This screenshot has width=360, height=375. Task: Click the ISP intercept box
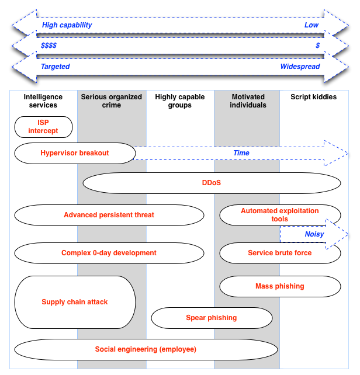pyautogui.click(x=43, y=127)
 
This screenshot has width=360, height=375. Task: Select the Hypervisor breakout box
pyautogui.click(x=75, y=153)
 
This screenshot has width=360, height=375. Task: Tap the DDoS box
pyautogui.click(x=212, y=183)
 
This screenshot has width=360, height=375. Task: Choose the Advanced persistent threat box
pyautogui.click(x=109, y=215)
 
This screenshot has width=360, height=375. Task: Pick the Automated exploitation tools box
pyautogui.click(x=280, y=215)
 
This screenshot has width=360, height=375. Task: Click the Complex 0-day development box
pyautogui.click(x=109, y=253)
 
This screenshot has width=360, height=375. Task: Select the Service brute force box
pyautogui.click(x=280, y=253)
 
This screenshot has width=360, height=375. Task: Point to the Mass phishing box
pyautogui.click(x=280, y=286)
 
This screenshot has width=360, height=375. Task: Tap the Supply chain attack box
pyautogui.click(x=75, y=302)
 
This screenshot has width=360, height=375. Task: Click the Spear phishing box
pyautogui.click(x=212, y=318)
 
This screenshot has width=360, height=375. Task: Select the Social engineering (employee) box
pyautogui.click(x=146, y=349)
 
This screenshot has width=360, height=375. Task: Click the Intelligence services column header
pyautogui.click(x=43, y=101)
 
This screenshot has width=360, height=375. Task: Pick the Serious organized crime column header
pyautogui.click(x=112, y=101)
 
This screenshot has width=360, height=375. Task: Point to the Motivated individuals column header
pyautogui.click(x=248, y=101)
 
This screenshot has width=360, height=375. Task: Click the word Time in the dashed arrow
pyautogui.click(x=241, y=153)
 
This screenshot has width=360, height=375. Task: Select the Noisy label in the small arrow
pyautogui.click(x=314, y=234)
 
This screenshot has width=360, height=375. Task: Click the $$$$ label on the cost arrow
pyautogui.click(x=49, y=46)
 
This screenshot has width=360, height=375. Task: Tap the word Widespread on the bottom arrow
pyautogui.click(x=300, y=67)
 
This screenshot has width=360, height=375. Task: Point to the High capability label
pyautogui.click(x=67, y=26)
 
